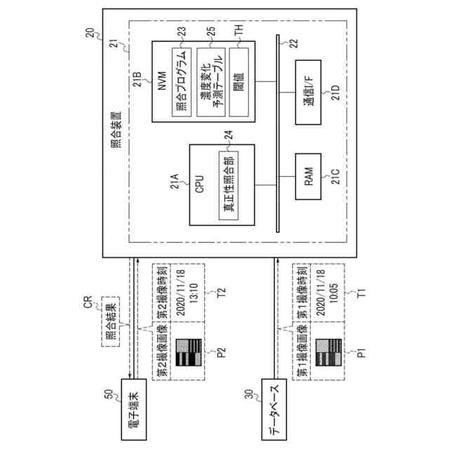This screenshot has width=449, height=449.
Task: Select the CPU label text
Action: click(x=199, y=185)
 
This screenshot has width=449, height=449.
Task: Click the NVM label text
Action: click(x=162, y=83)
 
